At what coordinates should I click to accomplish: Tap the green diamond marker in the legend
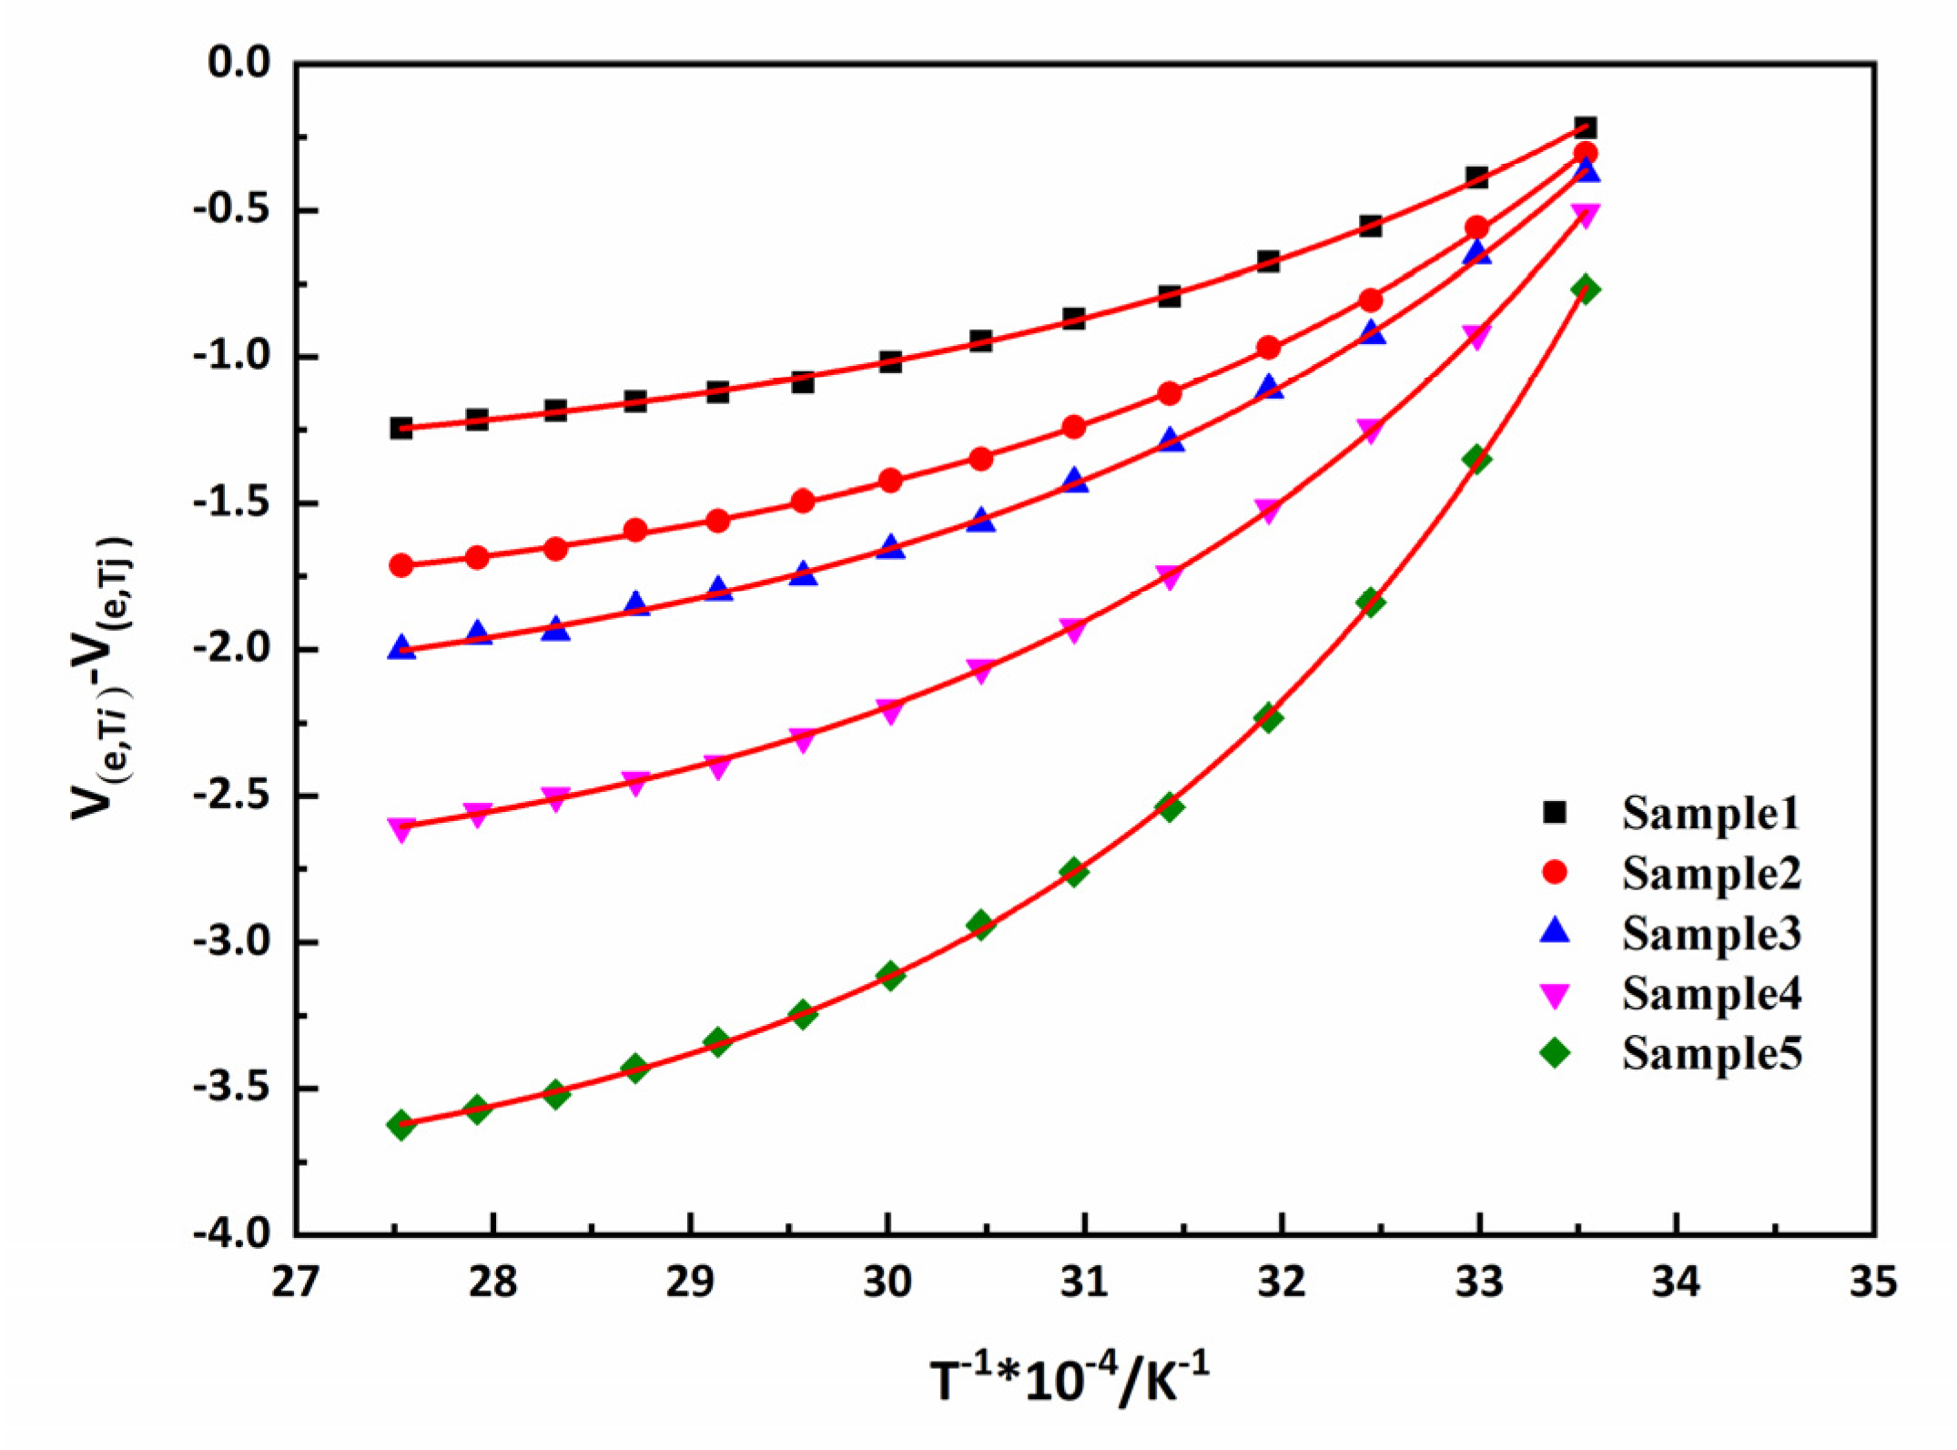click(1555, 1053)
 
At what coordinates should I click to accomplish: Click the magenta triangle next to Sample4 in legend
click(1555, 995)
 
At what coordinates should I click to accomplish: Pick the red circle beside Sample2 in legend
click(1555, 872)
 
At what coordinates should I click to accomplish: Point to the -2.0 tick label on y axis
click(231, 648)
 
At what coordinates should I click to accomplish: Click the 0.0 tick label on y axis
click(239, 63)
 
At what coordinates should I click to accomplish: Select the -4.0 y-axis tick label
click(231, 1233)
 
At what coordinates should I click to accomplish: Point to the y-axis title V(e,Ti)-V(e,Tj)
click(103, 678)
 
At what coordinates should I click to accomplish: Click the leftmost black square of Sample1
click(401, 427)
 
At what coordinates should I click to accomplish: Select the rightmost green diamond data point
click(1585, 289)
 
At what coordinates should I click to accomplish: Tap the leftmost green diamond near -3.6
click(401, 1125)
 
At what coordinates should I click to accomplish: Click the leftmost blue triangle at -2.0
click(401, 648)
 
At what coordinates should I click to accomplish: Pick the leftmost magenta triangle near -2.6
click(401, 828)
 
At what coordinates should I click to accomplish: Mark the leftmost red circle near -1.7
click(401, 565)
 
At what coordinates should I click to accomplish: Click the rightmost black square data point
click(1585, 127)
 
